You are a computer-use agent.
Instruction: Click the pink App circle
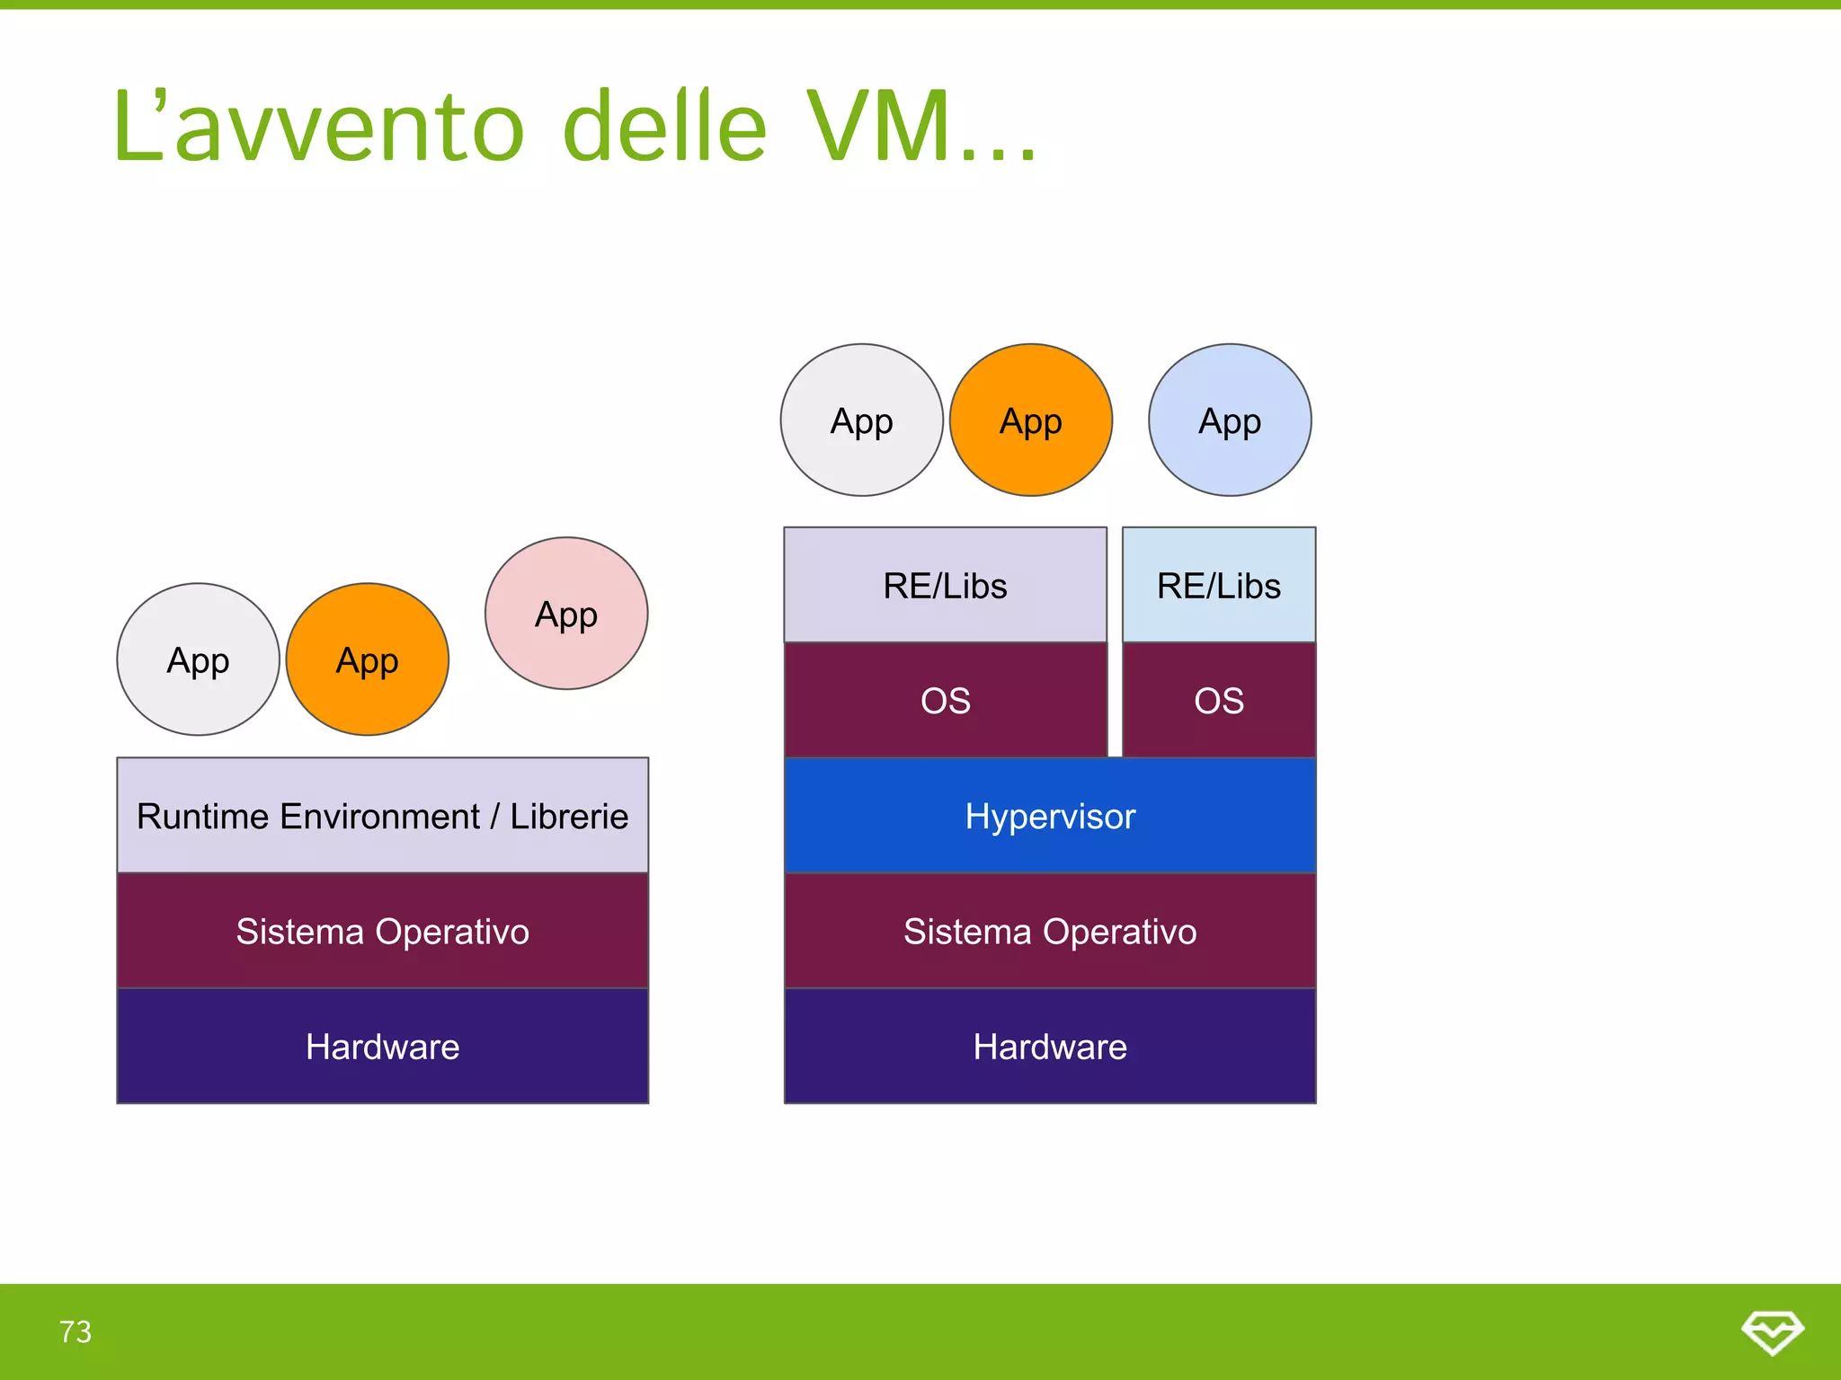tap(565, 614)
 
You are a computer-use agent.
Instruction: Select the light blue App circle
tap(1229, 420)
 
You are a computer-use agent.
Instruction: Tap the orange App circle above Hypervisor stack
tap(1030, 420)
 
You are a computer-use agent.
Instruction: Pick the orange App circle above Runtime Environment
tap(367, 659)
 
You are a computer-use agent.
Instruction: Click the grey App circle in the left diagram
tap(198, 659)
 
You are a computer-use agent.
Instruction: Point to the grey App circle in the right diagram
tap(861, 420)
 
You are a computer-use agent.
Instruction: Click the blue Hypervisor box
tap(1049, 816)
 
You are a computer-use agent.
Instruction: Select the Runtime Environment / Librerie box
tap(382, 816)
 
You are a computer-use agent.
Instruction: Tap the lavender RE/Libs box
tap(945, 585)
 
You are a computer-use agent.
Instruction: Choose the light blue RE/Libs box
tap(1218, 585)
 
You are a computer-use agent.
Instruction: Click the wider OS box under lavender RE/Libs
tap(945, 700)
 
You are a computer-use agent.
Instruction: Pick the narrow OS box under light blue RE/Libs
tap(1218, 700)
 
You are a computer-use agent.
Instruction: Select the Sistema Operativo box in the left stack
tap(382, 931)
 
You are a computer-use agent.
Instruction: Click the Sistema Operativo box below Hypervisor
tap(1049, 931)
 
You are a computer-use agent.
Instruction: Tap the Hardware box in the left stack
tap(382, 1046)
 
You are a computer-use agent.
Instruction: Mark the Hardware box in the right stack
tap(1049, 1046)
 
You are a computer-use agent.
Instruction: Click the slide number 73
tap(76, 1331)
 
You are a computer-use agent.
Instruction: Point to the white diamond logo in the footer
tap(1772, 1331)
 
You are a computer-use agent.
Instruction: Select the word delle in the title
tap(664, 128)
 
